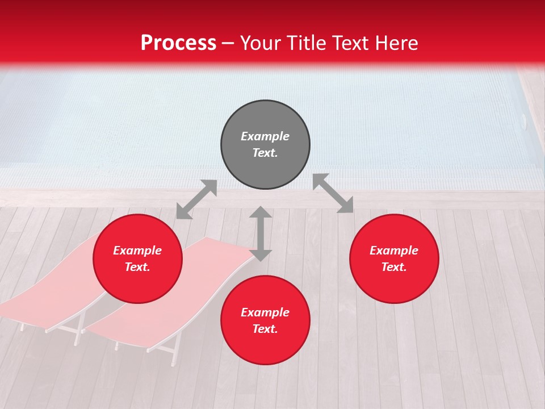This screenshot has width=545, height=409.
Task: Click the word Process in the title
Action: (178, 43)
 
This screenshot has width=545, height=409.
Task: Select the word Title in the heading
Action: (309, 43)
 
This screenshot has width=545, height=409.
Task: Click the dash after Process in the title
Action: (228, 44)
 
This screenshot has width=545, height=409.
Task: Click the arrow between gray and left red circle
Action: (196, 199)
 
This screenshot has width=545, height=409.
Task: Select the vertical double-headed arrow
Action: (261, 233)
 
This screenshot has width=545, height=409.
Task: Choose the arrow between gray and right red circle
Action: (333, 194)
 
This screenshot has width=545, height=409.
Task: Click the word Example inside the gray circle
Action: (265, 136)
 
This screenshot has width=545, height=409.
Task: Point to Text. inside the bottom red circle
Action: (265, 329)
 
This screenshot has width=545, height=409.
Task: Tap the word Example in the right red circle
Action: (394, 251)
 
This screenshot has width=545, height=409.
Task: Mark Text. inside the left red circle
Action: (137, 267)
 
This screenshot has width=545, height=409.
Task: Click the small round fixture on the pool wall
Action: (523, 119)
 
